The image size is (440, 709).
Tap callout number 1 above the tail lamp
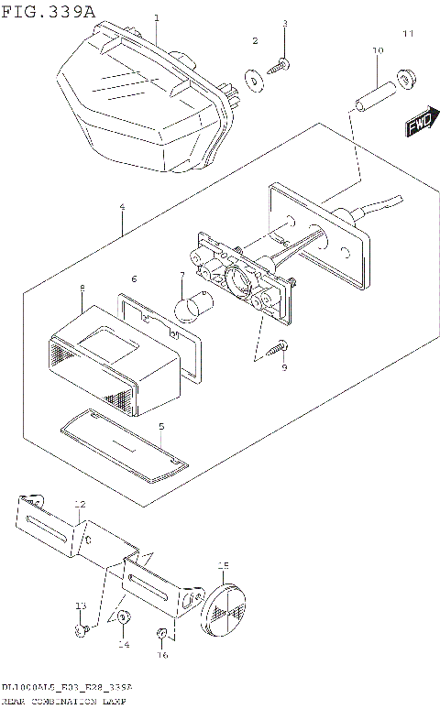[157, 17]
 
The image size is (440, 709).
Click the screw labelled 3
[280, 63]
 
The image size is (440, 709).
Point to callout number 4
[122, 208]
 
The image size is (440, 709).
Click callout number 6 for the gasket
[134, 278]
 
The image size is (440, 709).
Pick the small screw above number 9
[279, 345]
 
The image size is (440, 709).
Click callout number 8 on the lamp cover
[82, 289]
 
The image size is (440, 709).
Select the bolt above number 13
[82, 630]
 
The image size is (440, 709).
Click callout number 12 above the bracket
[79, 505]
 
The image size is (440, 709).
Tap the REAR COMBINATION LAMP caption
[64, 700]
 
